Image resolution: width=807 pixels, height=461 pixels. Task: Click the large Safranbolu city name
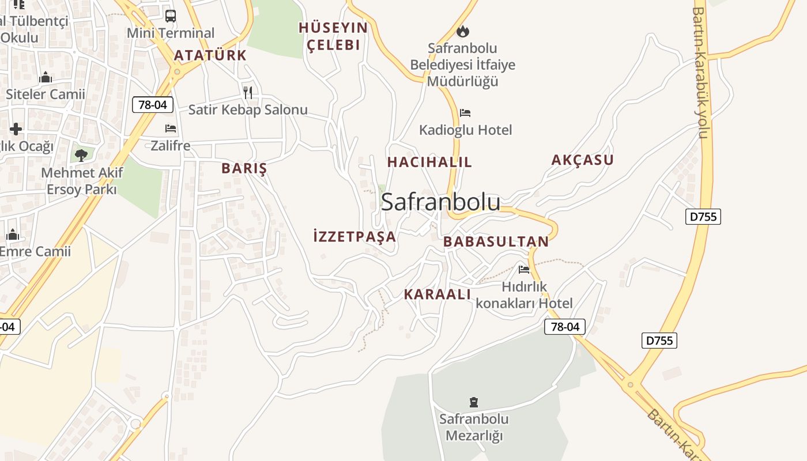[x=440, y=202]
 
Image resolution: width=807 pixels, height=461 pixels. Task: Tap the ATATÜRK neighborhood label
[x=210, y=55]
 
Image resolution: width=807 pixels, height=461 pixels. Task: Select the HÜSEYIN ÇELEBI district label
[x=333, y=36]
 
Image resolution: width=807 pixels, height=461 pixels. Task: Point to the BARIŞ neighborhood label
[x=244, y=168]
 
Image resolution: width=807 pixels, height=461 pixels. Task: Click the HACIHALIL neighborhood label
[x=429, y=162]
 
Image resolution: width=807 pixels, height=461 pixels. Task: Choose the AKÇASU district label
[x=582, y=160]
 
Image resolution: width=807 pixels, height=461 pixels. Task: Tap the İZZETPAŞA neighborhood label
[x=355, y=236]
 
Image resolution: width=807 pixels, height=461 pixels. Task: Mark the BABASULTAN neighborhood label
[x=496, y=241]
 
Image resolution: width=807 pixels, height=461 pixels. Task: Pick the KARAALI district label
[x=437, y=294]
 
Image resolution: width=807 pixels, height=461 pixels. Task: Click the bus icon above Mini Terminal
[x=170, y=16]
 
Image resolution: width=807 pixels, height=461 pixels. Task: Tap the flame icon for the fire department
[x=462, y=31]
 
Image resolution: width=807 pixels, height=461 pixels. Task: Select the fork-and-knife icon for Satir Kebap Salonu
[x=248, y=92]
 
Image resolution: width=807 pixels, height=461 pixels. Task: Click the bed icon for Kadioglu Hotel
[x=465, y=113]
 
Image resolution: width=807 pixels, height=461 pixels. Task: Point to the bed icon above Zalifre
[x=170, y=128]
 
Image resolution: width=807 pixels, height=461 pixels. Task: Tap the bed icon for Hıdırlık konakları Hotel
[x=523, y=269]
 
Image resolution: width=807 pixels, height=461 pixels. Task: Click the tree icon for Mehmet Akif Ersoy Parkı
[x=81, y=154]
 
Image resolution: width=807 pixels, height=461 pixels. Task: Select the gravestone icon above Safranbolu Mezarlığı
[x=474, y=402]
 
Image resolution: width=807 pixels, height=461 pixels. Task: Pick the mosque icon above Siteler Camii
[x=46, y=77]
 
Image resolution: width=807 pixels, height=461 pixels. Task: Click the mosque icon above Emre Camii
[x=13, y=235]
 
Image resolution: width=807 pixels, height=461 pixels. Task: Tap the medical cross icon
[x=16, y=129]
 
